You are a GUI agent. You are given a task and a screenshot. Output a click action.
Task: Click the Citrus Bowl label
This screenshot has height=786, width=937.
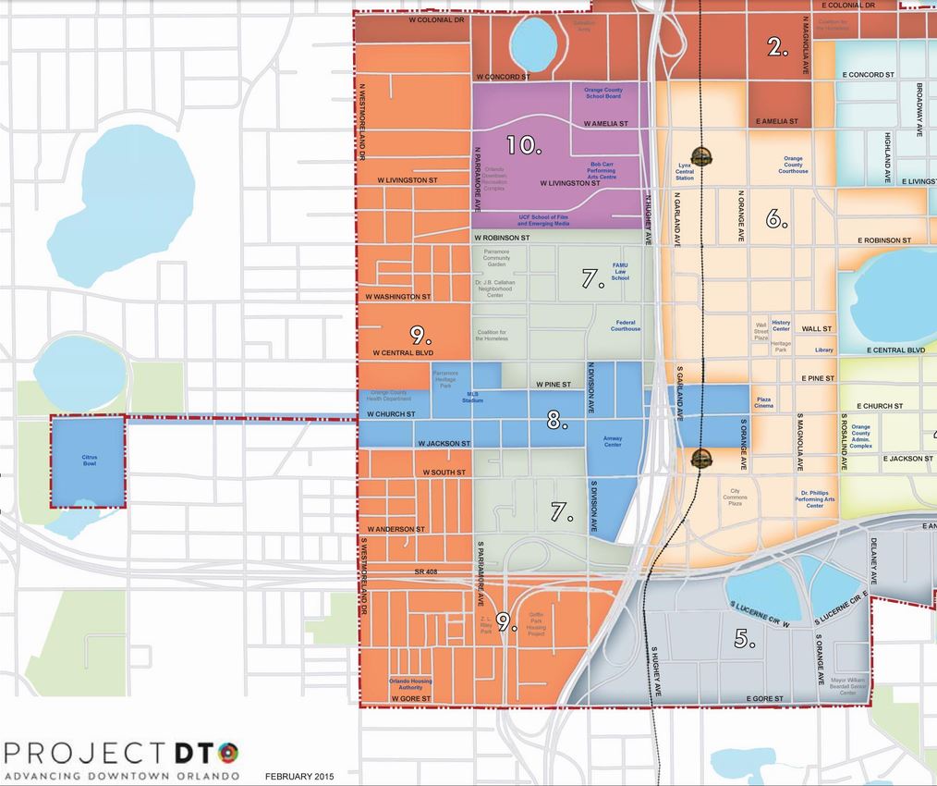(x=89, y=461)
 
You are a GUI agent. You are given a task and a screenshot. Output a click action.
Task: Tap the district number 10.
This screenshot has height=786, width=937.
(x=523, y=144)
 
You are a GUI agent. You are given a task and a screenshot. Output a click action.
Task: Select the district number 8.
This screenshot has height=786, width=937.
(x=556, y=421)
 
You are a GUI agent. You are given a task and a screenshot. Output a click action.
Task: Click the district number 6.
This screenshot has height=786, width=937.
(x=776, y=219)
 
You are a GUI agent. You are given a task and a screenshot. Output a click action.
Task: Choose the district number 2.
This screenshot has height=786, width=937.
(x=778, y=47)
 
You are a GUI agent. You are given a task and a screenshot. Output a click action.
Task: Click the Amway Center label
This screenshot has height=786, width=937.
(x=613, y=441)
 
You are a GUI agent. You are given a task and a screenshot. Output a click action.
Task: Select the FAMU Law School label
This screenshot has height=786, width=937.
(x=620, y=271)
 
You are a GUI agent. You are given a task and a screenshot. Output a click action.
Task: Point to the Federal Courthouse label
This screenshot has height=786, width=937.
(x=626, y=325)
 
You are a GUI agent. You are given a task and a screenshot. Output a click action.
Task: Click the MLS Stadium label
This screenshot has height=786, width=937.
(x=473, y=397)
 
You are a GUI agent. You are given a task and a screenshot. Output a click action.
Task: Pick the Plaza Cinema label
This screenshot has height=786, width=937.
(x=764, y=402)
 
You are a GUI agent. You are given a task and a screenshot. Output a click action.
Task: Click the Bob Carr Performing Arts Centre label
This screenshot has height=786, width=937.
(x=602, y=170)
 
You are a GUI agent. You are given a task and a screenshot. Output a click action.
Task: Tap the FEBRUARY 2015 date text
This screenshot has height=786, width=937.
(x=299, y=775)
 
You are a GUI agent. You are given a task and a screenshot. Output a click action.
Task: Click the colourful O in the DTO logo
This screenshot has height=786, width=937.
(x=228, y=750)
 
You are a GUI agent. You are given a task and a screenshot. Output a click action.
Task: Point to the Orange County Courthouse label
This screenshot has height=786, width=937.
(x=793, y=165)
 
